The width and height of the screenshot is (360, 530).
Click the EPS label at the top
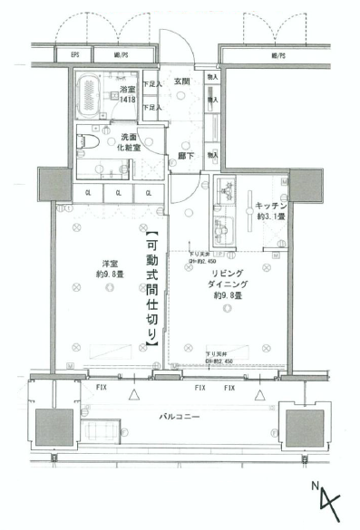[x=75, y=57]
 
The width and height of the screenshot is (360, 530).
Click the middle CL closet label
[x=119, y=193]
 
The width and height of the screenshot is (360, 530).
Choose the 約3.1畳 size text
[x=270, y=217]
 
